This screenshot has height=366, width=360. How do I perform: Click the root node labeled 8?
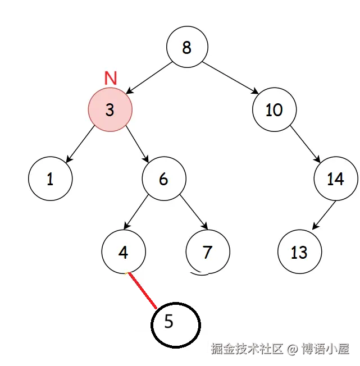[x=187, y=47]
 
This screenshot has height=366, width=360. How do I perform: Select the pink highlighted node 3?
[x=110, y=109]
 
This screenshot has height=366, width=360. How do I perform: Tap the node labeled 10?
[x=274, y=109]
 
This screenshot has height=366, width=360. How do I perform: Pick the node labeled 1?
[x=51, y=179]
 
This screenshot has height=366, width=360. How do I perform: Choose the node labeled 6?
[x=163, y=179]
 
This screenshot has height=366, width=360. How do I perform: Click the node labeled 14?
[x=335, y=179]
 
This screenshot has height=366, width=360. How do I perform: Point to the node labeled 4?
[x=124, y=252]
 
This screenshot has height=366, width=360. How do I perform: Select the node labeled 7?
[x=207, y=252]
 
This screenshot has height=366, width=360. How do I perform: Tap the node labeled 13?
[x=299, y=252]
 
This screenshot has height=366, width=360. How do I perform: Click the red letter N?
[x=111, y=79]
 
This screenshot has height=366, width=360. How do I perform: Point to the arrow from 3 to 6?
[x=136, y=143]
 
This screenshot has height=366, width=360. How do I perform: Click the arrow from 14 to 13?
[x=320, y=214]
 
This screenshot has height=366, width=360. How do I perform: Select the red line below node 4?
[x=142, y=291]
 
